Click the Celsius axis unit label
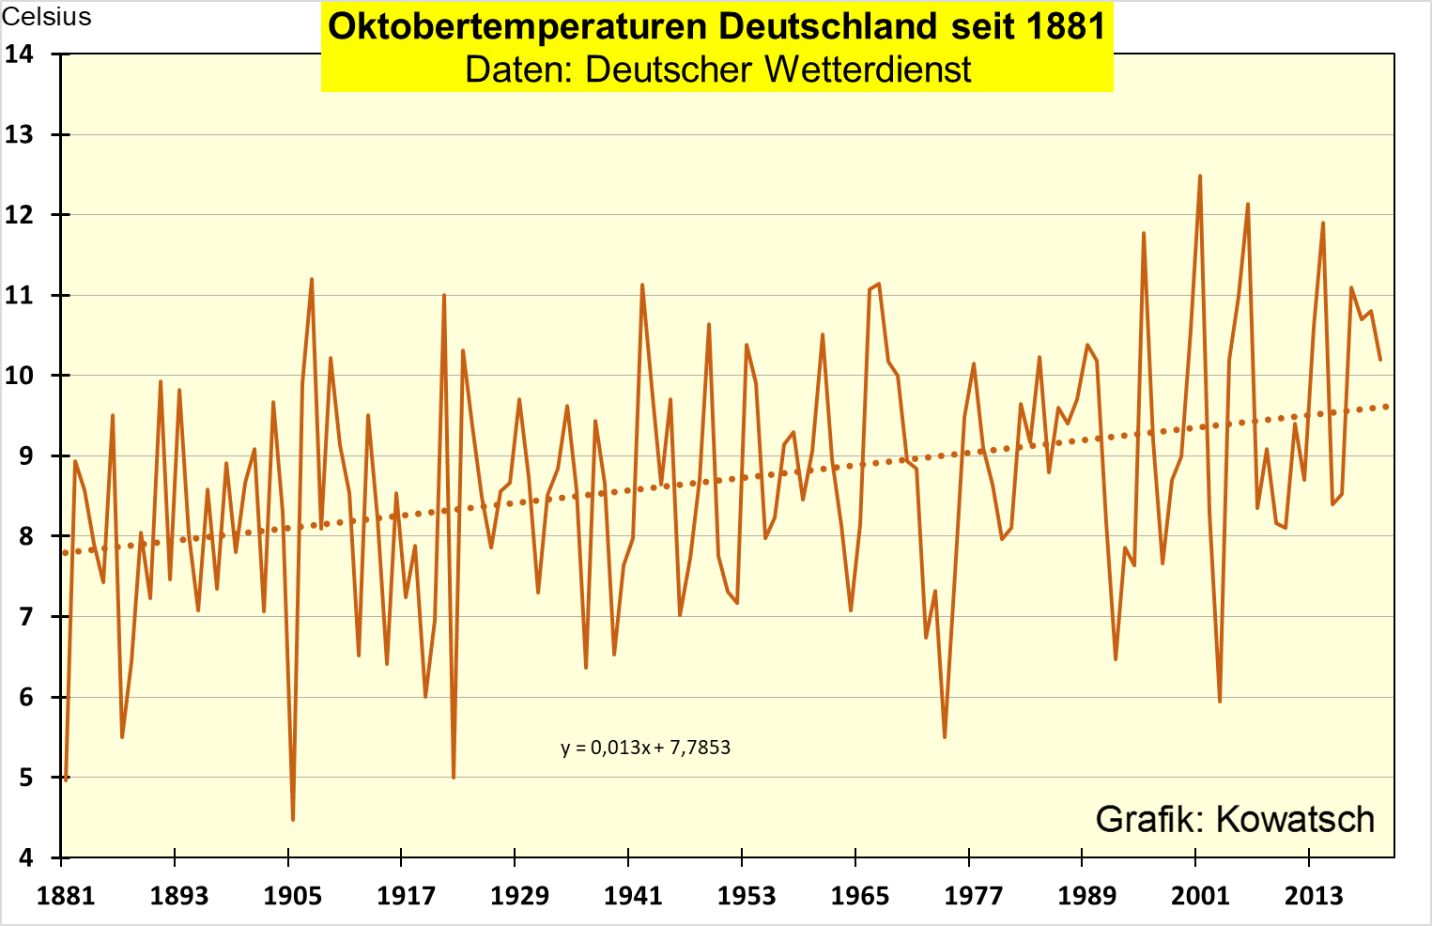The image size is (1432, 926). click(x=47, y=17)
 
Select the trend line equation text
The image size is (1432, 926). click(x=645, y=748)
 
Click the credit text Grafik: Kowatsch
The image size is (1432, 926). click(x=1235, y=819)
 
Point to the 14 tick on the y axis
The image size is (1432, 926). click(x=20, y=54)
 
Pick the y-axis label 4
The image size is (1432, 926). click(x=26, y=858)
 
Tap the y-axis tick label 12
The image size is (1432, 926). click(x=20, y=215)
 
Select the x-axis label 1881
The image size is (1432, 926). click(x=66, y=895)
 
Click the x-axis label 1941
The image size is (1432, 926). click(x=633, y=895)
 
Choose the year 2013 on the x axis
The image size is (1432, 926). click(x=1314, y=895)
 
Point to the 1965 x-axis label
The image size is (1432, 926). click(x=859, y=895)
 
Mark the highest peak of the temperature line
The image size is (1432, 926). click(x=1199, y=176)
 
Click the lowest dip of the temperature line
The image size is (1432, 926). click(x=293, y=820)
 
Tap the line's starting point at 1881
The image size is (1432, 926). click(x=66, y=779)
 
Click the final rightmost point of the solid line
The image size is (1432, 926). click(x=1379, y=360)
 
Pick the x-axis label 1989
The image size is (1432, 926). click(x=1086, y=895)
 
